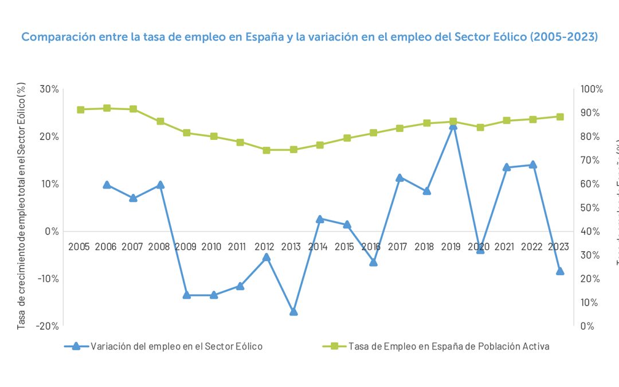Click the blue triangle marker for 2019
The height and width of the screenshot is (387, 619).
(x=453, y=126)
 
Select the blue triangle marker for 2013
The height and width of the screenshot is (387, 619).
(x=293, y=312)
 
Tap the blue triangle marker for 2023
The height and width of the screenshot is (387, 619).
(x=560, y=271)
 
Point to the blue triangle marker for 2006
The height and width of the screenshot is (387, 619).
(x=107, y=185)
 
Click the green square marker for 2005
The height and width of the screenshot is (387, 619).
(x=81, y=110)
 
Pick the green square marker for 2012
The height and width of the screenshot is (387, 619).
(x=267, y=150)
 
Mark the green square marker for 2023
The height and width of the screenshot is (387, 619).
(x=560, y=116)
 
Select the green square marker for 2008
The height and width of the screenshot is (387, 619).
(x=160, y=122)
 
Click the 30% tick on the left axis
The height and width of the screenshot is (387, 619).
(x=49, y=89)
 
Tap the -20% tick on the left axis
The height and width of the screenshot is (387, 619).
(x=48, y=326)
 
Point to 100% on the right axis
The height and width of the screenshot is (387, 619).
(x=591, y=89)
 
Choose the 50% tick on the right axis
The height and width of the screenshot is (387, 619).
(x=589, y=208)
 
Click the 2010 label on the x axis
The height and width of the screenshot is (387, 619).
(x=211, y=247)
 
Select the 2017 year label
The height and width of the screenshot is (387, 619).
(x=397, y=247)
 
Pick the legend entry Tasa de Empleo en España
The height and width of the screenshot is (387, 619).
(x=448, y=346)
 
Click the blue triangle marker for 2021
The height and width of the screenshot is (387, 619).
(x=507, y=167)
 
